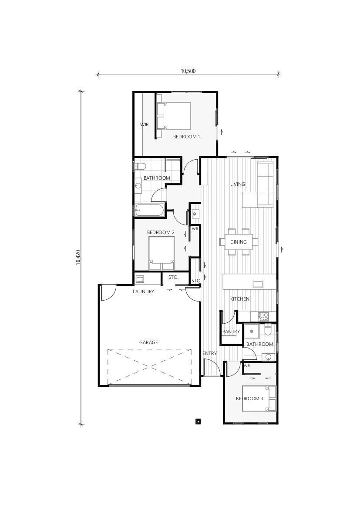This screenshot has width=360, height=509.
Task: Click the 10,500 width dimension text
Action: click(x=188, y=71)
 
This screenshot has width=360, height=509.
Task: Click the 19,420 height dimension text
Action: click(x=78, y=258)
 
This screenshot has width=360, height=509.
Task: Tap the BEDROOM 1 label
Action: click(x=186, y=137)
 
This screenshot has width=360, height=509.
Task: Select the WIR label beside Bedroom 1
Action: click(x=145, y=124)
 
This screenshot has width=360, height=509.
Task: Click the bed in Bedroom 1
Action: click(x=174, y=116)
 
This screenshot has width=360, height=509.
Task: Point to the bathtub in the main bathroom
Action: click(x=149, y=211)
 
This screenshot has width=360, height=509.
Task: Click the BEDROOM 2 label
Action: click(x=161, y=232)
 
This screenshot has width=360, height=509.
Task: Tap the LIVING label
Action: click(x=237, y=184)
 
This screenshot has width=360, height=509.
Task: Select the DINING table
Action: click(x=239, y=242)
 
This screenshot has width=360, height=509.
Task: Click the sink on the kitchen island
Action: click(x=258, y=284)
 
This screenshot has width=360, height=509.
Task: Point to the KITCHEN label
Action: click(x=239, y=299)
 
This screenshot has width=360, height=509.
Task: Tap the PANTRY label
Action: click(x=231, y=332)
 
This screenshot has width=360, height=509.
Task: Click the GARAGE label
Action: click(x=148, y=342)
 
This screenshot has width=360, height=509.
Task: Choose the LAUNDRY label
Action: click(x=143, y=291)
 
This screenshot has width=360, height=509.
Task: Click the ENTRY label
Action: click(x=209, y=353)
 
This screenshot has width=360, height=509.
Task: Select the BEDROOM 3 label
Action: click(x=249, y=398)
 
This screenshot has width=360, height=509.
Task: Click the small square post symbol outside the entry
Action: click(x=198, y=421)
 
